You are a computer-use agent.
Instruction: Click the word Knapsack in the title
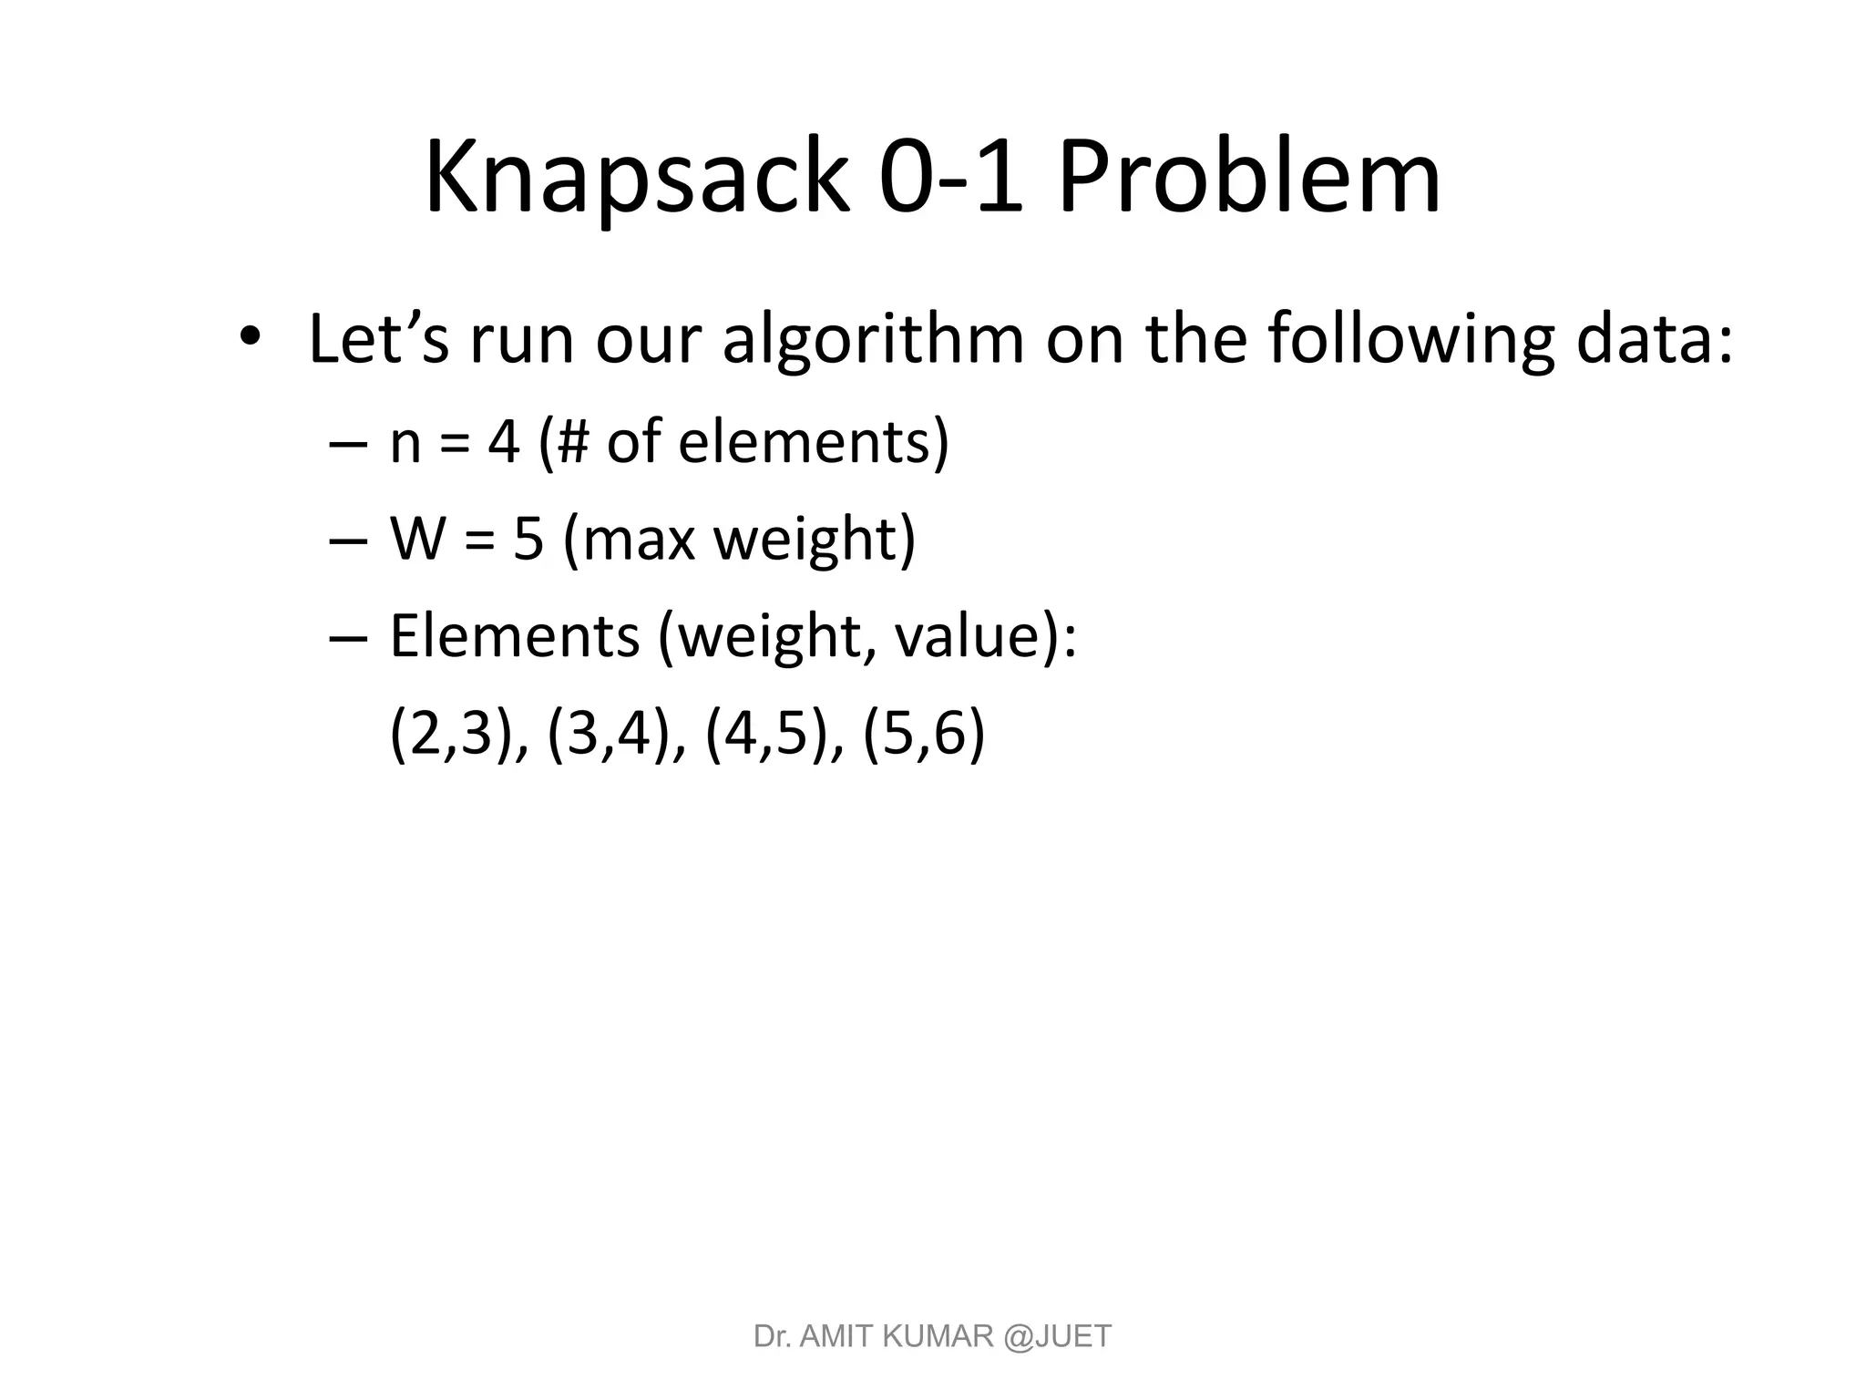pyautogui.click(x=636, y=178)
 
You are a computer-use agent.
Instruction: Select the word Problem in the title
pyautogui.click(x=1248, y=178)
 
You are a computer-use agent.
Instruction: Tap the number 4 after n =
pyautogui.click(x=504, y=443)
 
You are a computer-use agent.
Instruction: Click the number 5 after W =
pyautogui.click(x=528, y=539)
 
